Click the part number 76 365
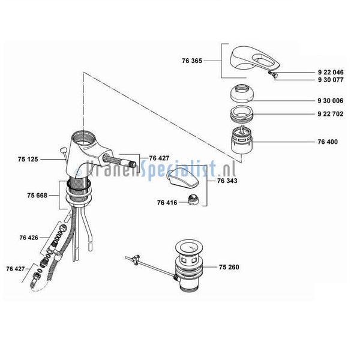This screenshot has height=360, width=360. tap(192, 61)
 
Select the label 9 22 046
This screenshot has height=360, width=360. tap(331, 73)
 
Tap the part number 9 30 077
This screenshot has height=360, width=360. tap(331, 80)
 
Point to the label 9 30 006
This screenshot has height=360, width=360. tap(331, 101)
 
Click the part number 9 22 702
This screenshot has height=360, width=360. tap(331, 114)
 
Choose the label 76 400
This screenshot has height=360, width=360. tap(328, 142)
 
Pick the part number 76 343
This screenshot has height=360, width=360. tap(227, 181)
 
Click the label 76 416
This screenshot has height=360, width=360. tap(167, 203)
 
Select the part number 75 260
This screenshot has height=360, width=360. tap(229, 267)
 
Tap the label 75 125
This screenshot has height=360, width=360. tap(28, 159)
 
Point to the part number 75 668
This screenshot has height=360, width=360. tap(37, 196)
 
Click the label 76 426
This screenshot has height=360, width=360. tap(29, 238)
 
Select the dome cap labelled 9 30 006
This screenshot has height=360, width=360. tap(242, 93)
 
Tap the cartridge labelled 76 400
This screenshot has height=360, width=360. tap(242, 140)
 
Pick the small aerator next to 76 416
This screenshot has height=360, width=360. tap(193, 199)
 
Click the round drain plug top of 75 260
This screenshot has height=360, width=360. tap(189, 248)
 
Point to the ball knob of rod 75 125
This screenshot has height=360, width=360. tap(63, 151)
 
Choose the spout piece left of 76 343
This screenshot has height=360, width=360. tap(182, 177)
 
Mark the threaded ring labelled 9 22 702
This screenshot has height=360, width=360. tap(242, 113)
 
